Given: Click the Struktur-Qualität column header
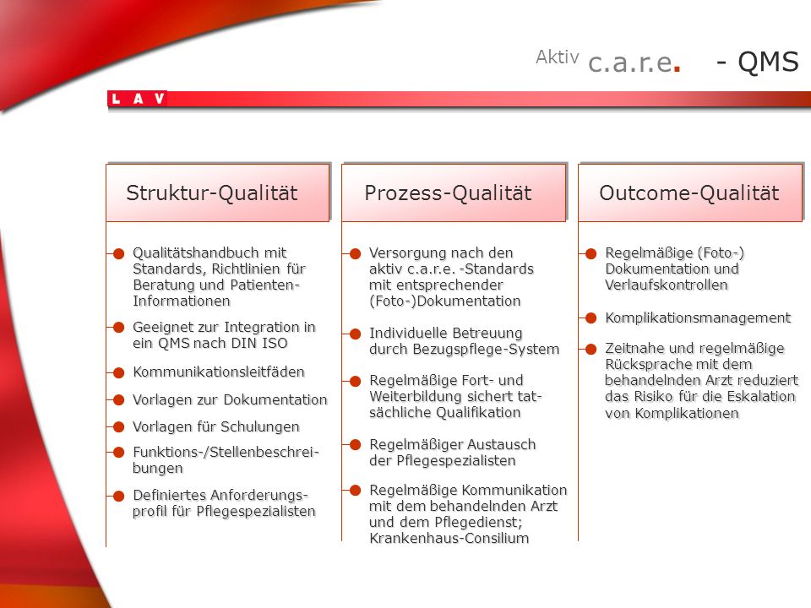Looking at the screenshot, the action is [x=218, y=193].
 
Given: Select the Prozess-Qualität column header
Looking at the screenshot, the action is [x=454, y=193].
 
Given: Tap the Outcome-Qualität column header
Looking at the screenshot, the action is [x=690, y=193].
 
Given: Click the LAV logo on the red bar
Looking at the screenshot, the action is [x=138, y=98].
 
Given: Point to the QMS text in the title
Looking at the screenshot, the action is [x=768, y=62].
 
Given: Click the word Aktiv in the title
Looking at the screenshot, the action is [x=557, y=57].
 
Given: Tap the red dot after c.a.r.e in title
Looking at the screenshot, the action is [x=677, y=68].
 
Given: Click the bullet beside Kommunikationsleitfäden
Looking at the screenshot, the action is [x=119, y=372].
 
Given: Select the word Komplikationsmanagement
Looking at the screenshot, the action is [x=698, y=318].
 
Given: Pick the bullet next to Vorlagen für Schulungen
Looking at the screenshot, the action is [x=119, y=427].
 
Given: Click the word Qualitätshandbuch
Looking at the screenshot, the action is [x=195, y=252].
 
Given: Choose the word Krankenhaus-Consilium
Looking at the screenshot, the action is [x=449, y=538].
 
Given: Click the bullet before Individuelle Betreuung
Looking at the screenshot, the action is [x=356, y=334].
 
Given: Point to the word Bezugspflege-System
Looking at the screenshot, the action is [x=486, y=350].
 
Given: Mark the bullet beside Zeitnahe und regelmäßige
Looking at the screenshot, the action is [x=591, y=350].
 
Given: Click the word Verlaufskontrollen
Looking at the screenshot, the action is [x=667, y=285].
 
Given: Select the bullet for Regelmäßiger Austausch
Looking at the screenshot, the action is [x=356, y=445].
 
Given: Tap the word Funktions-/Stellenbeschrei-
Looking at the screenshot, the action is [x=226, y=453].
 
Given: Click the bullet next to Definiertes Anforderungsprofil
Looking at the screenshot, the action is [x=119, y=497].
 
